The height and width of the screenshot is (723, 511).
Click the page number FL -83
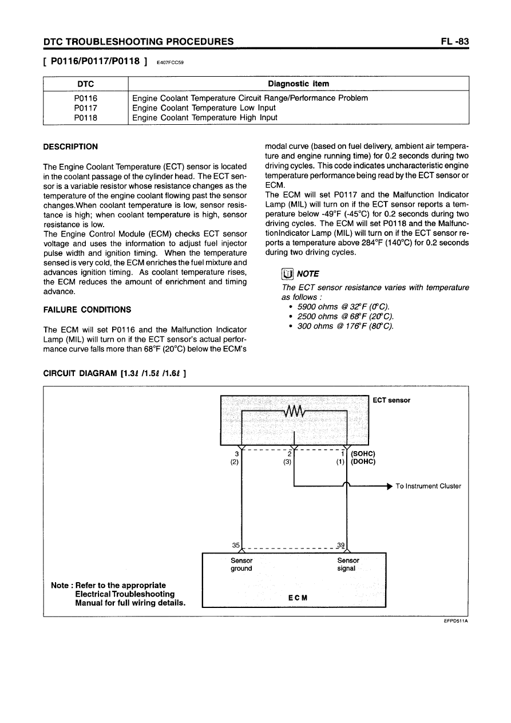click(x=454, y=41)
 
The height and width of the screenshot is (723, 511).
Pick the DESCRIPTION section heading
click(x=70, y=147)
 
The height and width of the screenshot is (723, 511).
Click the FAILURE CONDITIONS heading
click(x=87, y=310)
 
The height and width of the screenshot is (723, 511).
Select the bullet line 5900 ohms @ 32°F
click(x=342, y=307)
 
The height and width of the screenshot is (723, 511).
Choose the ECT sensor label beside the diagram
click(x=391, y=400)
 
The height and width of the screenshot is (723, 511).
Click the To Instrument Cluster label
click(x=428, y=486)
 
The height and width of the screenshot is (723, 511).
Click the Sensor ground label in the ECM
click(x=241, y=564)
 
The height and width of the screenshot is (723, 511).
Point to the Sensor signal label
click(x=348, y=564)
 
